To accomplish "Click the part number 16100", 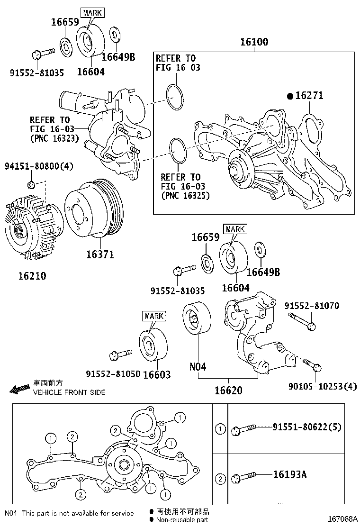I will (254, 42).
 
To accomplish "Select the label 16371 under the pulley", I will (100, 254).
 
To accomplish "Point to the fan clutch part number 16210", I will (32, 275).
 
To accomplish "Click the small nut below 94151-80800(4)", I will (31, 184).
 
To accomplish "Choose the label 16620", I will (228, 391).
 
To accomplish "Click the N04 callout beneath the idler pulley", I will (198, 366).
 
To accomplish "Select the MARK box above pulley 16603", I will (154, 316).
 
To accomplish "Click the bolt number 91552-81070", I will (312, 306).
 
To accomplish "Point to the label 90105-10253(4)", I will (322, 387).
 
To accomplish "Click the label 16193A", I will (289, 474).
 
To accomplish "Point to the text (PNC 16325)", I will (185, 195).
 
